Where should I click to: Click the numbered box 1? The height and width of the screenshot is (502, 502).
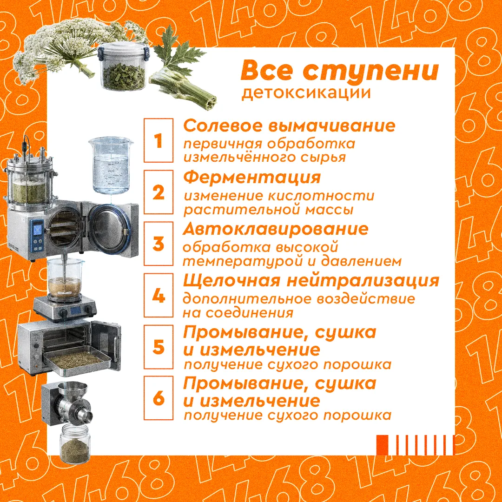(158, 140)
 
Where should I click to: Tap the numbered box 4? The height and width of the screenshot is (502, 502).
(158, 295)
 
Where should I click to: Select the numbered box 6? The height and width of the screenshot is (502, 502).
(158, 397)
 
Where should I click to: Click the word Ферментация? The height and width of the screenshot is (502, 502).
(252, 178)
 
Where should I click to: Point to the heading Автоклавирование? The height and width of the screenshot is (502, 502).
(276, 229)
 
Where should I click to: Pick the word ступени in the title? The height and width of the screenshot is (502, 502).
(371, 71)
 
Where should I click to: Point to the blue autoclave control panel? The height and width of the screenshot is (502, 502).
(38, 235)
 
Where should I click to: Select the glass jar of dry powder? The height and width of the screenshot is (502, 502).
(75, 443)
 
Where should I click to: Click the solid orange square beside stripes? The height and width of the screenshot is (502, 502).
(382, 445)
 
